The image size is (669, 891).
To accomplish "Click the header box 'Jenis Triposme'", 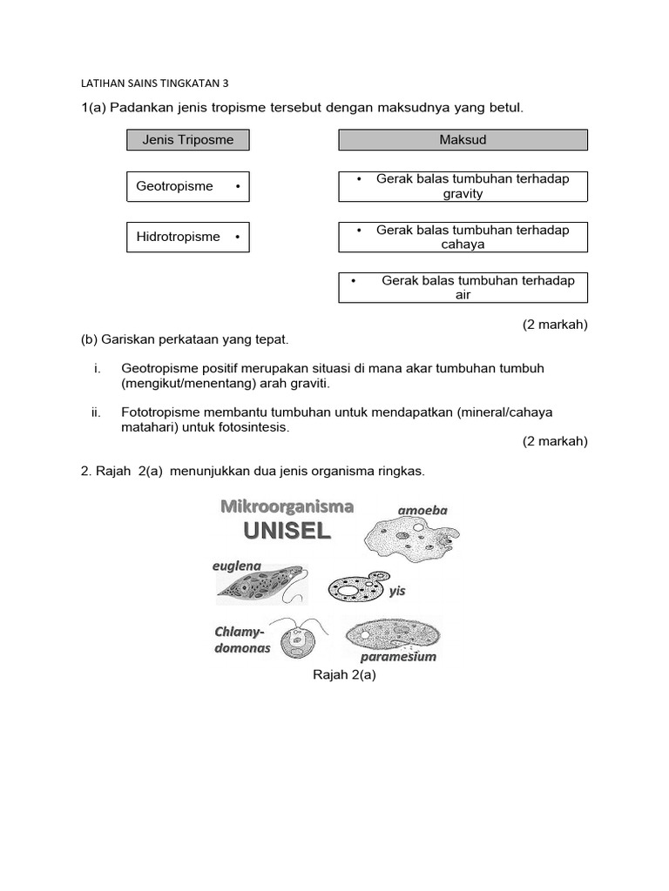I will pyautogui.click(x=187, y=139).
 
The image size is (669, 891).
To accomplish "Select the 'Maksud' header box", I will pyautogui.click(x=463, y=139).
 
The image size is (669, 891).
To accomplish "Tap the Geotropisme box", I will pyautogui.click(x=187, y=186).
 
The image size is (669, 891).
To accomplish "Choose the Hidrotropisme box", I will pyautogui.click(x=187, y=237).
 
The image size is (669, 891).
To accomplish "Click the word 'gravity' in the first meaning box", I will pyautogui.click(x=463, y=194).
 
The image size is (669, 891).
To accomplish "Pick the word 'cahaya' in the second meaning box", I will pyautogui.click(x=463, y=245).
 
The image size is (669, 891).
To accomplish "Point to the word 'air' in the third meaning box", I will pyautogui.click(x=463, y=295).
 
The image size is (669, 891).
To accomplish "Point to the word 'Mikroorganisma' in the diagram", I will pyautogui.click(x=287, y=506).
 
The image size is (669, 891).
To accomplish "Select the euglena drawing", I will pyautogui.click(x=260, y=587).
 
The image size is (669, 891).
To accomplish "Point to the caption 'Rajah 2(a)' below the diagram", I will pyautogui.click(x=344, y=674).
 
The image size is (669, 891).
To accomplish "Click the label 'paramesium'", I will pyautogui.click(x=398, y=657).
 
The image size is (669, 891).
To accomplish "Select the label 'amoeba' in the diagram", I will pyautogui.click(x=422, y=511).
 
